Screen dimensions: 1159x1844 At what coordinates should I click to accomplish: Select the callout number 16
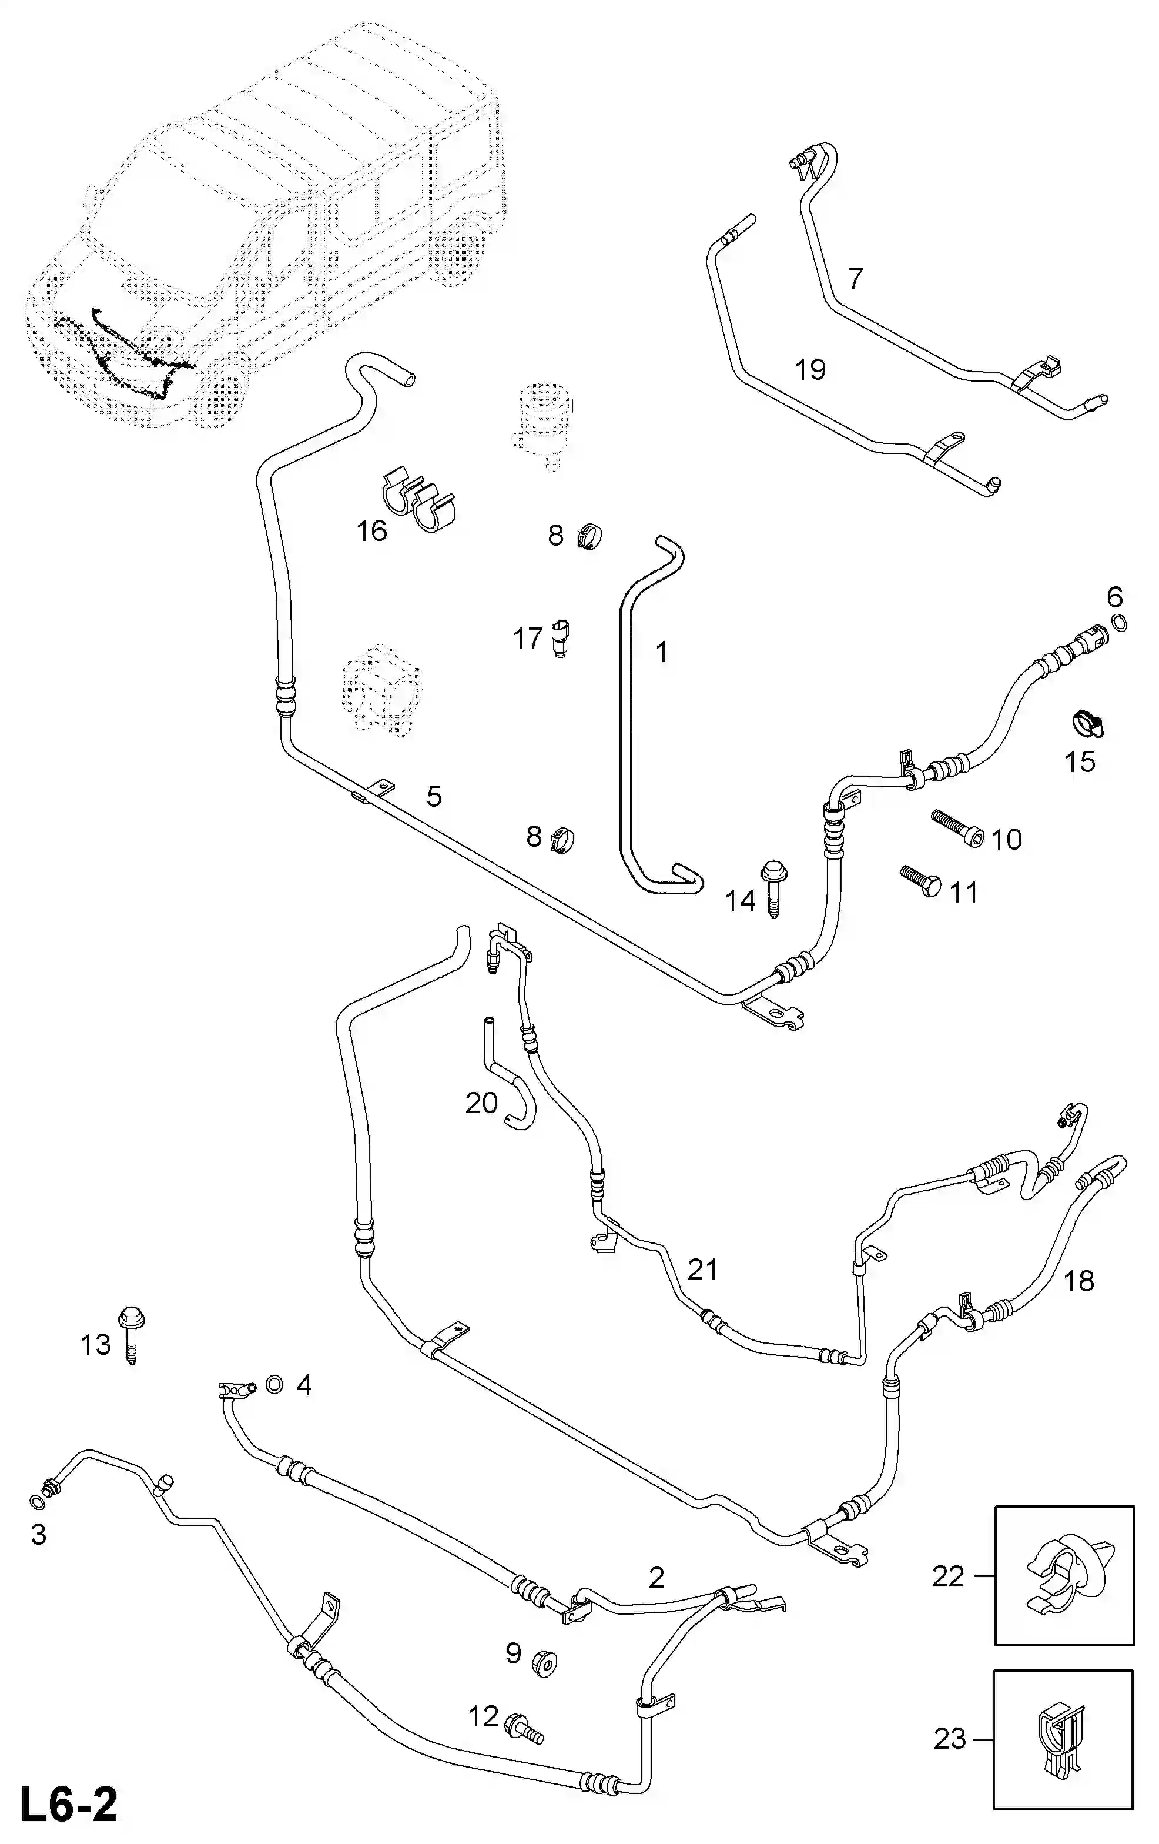(x=372, y=531)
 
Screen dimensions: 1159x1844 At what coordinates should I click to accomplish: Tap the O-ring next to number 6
(x=1118, y=624)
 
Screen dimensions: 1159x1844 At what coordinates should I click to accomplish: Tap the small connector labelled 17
(x=562, y=639)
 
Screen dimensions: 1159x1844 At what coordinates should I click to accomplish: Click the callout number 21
(x=702, y=1270)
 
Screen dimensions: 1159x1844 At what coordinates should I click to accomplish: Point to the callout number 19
(x=810, y=370)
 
